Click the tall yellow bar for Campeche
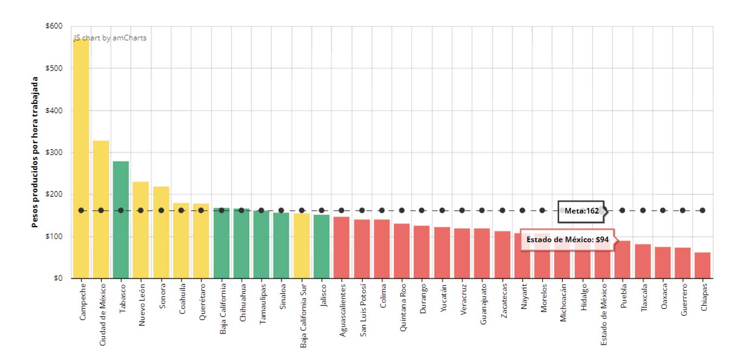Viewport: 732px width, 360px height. (81, 163)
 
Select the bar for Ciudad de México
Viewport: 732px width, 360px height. (101, 217)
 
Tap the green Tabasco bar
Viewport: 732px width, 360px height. (121, 228)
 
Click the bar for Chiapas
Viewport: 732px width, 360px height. (702, 266)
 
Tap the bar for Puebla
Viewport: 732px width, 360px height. (622, 260)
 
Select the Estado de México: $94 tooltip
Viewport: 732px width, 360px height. (568, 239)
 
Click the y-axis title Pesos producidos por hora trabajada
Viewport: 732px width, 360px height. (35, 152)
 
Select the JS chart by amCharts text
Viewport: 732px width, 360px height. (111, 38)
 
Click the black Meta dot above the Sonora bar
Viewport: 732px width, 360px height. (161, 210)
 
